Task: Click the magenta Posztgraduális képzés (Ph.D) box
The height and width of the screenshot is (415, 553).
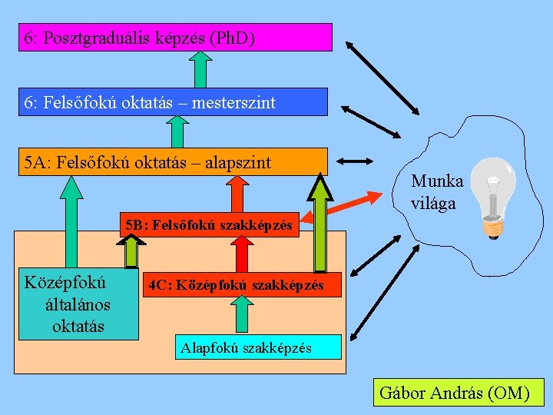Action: [175, 37]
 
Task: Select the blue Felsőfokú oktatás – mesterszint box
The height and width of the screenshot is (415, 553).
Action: [173, 101]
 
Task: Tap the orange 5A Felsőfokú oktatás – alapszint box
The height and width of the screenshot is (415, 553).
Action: [173, 161]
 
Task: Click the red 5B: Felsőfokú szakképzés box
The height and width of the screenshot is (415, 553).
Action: [209, 225]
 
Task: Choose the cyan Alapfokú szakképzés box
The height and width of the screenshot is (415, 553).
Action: [257, 347]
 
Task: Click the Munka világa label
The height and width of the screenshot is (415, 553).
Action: [436, 192]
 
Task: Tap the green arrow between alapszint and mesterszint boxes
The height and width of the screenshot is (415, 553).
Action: [177, 131]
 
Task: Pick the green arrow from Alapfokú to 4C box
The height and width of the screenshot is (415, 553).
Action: [241, 315]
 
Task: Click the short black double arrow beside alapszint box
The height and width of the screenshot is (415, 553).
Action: [355, 161]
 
